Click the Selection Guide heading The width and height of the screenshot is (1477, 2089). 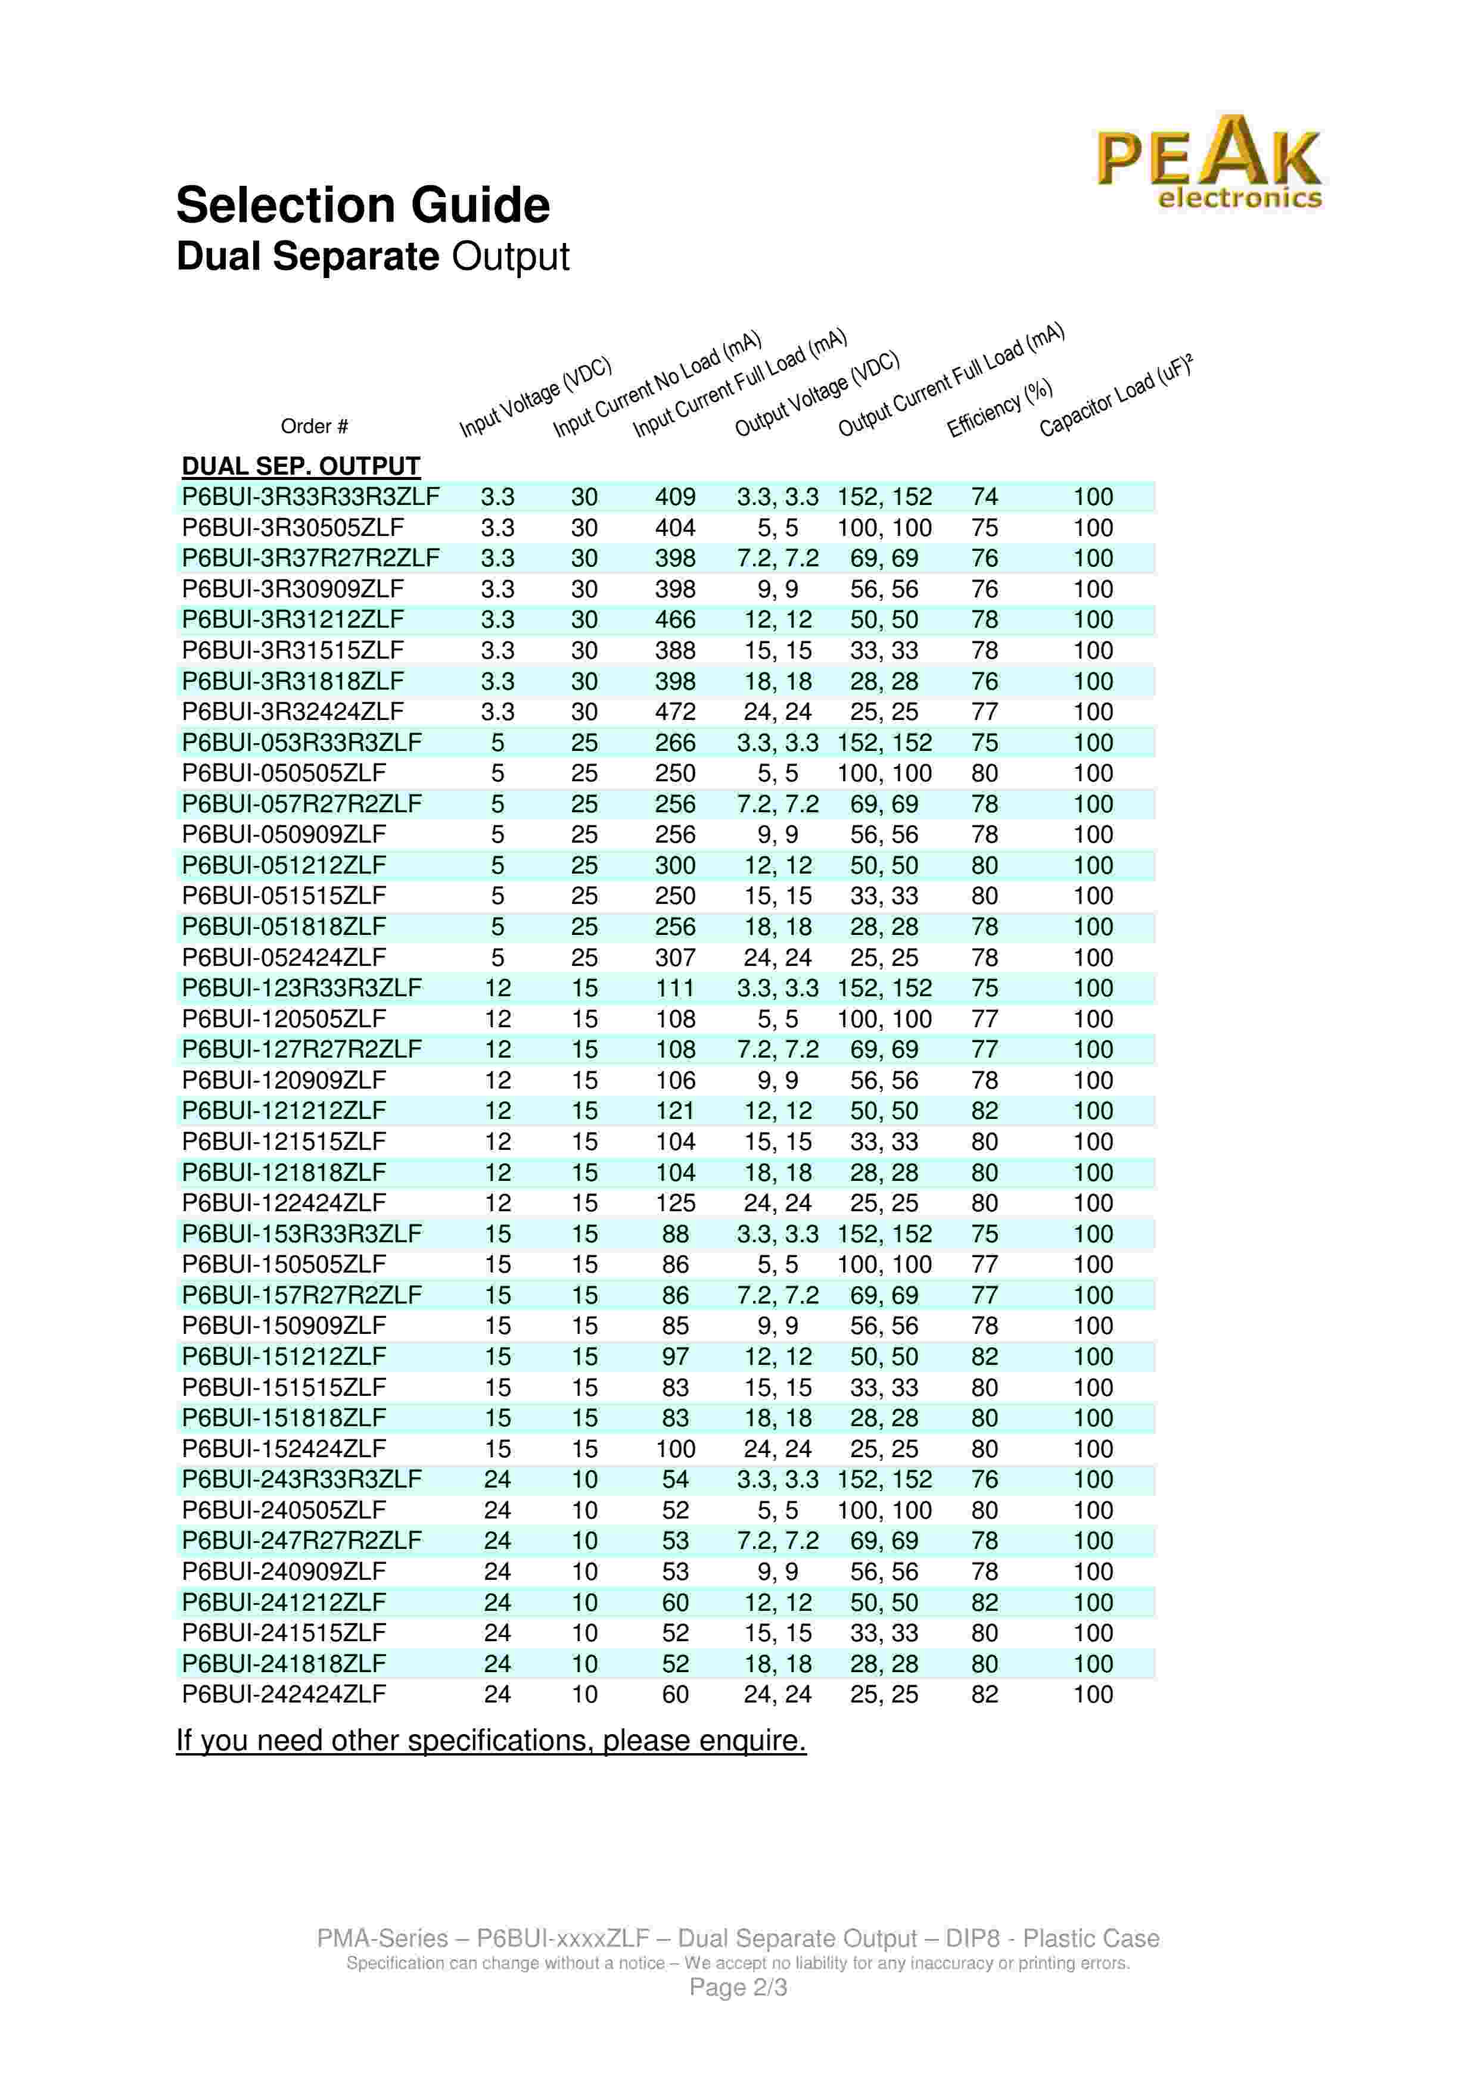(x=362, y=205)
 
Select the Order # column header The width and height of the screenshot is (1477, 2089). (x=314, y=426)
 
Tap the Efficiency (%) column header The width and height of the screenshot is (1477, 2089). (x=999, y=407)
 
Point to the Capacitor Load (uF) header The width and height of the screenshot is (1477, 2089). (x=1114, y=396)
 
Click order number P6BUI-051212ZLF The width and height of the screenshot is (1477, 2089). (x=284, y=865)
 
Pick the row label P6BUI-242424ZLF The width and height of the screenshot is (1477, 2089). (x=284, y=1694)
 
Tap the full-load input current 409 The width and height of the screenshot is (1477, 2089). (x=675, y=497)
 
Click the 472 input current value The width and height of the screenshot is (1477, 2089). (x=675, y=712)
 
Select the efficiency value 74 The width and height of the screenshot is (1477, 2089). (x=985, y=497)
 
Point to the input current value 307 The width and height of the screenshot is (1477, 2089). (x=675, y=957)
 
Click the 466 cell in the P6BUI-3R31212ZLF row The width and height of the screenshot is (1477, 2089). (x=675, y=619)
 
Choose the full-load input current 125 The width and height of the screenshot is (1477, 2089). (x=675, y=1203)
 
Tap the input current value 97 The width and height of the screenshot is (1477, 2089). (x=675, y=1357)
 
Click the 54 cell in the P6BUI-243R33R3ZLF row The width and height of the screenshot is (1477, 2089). (x=675, y=1479)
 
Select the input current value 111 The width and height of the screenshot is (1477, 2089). (x=675, y=988)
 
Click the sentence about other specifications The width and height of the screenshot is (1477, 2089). (x=492, y=1741)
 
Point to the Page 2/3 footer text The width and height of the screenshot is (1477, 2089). (x=738, y=1987)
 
